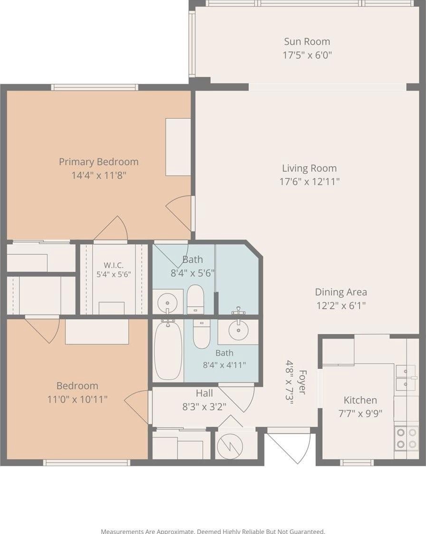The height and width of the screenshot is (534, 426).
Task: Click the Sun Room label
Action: pyautogui.click(x=307, y=42)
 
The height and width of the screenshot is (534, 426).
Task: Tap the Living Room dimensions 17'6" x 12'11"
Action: pyautogui.click(x=310, y=181)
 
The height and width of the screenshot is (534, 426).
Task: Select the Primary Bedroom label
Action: pyautogui.click(x=99, y=162)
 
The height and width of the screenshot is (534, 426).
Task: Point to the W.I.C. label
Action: pyautogui.click(x=114, y=265)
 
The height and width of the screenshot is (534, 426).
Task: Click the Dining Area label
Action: pyautogui.click(x=341, y=292)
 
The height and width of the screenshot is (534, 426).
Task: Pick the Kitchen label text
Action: pyautogui.click(x=360, y=400)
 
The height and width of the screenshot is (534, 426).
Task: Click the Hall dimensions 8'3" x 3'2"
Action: pyautogui.click(x=204, y=407)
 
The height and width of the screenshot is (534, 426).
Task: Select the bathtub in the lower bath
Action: pyautogui.click(x=168, y=350)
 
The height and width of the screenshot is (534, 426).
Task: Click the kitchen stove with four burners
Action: pyautogui.click(x=407, y=438)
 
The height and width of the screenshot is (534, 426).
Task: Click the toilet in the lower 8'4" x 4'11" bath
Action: pyautogui.click(x=202, y=334)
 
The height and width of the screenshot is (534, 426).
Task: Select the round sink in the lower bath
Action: pyautogui.click(x=239, y=330)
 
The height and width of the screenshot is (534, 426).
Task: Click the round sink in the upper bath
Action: pyautogui.click(x=167, y=302)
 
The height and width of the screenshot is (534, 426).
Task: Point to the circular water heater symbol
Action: pyautogui.click(x=230, y=446)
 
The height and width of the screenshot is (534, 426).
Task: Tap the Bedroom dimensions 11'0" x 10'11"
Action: pyautogui.click(x=77, y=399)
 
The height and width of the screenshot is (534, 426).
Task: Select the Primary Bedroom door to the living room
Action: pyautogui.click(x=179, y=214)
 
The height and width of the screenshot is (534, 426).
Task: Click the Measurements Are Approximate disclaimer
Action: pyautogui.click(x=213, y=531)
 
